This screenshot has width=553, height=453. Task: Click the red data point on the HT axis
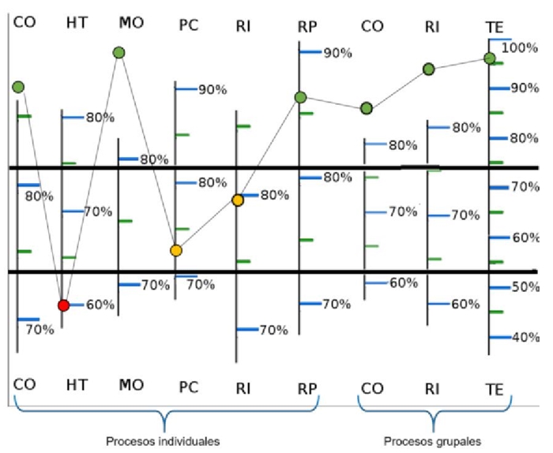64,305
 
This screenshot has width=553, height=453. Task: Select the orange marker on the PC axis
176,251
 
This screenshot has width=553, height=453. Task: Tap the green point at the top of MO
119,52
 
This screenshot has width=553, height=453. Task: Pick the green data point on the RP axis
300,97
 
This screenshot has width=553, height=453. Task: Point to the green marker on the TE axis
490,58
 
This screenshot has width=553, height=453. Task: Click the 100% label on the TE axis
520,47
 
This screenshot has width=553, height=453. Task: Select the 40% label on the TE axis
525,337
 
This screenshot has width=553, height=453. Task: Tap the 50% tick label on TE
525,287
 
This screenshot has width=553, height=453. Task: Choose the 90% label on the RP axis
337,53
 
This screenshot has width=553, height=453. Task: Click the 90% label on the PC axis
212,90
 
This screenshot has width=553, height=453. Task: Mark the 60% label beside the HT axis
100,305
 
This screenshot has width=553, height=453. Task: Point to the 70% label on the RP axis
337,304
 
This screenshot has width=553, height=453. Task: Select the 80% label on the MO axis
154,159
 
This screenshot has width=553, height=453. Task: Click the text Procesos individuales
163,440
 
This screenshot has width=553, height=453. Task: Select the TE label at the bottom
495,389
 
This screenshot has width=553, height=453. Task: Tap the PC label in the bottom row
188,388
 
